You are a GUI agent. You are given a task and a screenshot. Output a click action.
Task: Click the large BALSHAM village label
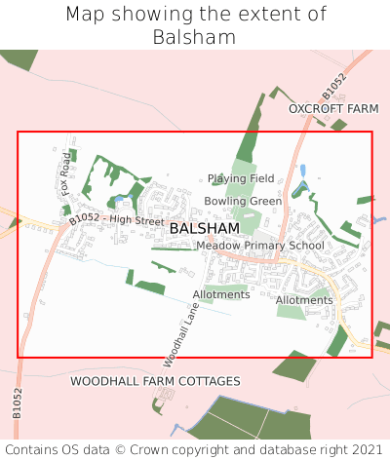tap(204, 228)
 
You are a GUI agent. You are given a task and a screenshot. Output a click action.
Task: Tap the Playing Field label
tap(241, 178)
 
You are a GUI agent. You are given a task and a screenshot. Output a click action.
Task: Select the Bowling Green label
tap(243, 201)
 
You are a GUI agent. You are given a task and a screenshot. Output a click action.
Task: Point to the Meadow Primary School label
tap(260, 246)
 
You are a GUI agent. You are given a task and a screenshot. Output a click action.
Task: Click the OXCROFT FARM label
tap(332, 109)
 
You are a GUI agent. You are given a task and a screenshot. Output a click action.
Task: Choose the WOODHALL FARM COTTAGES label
tap(155, 380)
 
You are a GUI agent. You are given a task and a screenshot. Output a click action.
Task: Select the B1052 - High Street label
tap(117, 220)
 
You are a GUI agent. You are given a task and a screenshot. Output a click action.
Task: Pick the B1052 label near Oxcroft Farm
tap(333, 86)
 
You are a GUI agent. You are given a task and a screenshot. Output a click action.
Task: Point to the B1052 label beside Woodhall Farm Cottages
tap(18, 402)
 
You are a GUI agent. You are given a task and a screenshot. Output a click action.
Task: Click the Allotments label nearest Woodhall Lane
tap(221, 294)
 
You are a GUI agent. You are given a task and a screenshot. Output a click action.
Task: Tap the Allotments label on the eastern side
tap(304, 300)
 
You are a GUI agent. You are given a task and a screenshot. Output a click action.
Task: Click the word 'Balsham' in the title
tap(195, 37)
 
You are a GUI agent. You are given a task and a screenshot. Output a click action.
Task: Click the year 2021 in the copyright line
tap(368, 449)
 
